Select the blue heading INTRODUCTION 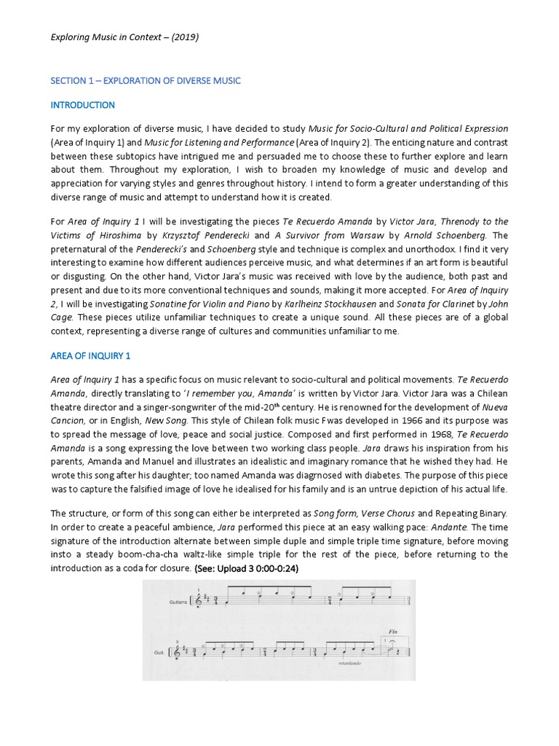83,105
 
